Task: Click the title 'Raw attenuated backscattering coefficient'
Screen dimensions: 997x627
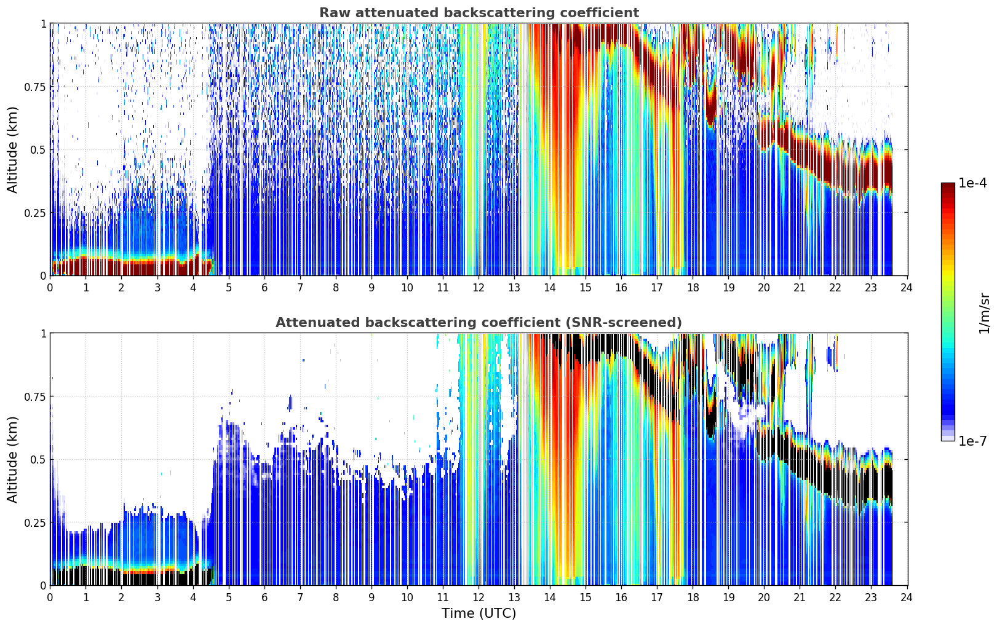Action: [479, 12]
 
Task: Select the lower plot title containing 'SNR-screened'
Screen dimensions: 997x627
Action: [479, 322]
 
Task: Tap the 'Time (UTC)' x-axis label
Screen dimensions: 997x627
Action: [479, 613]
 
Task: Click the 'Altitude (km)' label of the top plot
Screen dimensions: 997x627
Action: [12, 150]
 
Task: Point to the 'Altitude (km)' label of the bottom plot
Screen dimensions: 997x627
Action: [12, 459]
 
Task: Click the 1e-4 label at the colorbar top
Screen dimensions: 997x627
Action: [972, 183]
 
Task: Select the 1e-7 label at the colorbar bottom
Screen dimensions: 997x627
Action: [972, 441]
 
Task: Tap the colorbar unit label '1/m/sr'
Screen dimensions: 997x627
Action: [984, 313]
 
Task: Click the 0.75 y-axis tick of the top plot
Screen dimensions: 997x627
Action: [34, 87]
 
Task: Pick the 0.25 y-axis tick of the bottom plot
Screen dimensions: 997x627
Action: [34, 522]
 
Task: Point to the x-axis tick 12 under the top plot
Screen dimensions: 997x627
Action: [478, 288]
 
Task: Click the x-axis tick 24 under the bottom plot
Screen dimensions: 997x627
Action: [907, 597]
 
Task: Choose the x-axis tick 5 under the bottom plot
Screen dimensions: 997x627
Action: [228, 597]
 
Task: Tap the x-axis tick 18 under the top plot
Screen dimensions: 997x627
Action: [693, 288]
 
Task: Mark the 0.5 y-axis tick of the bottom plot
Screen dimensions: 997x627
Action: [38, 459]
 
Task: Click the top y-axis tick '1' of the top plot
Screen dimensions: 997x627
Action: [44, 23]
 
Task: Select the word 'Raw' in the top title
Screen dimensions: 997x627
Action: [336, 12]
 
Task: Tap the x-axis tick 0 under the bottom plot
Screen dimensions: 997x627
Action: [50, 597]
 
